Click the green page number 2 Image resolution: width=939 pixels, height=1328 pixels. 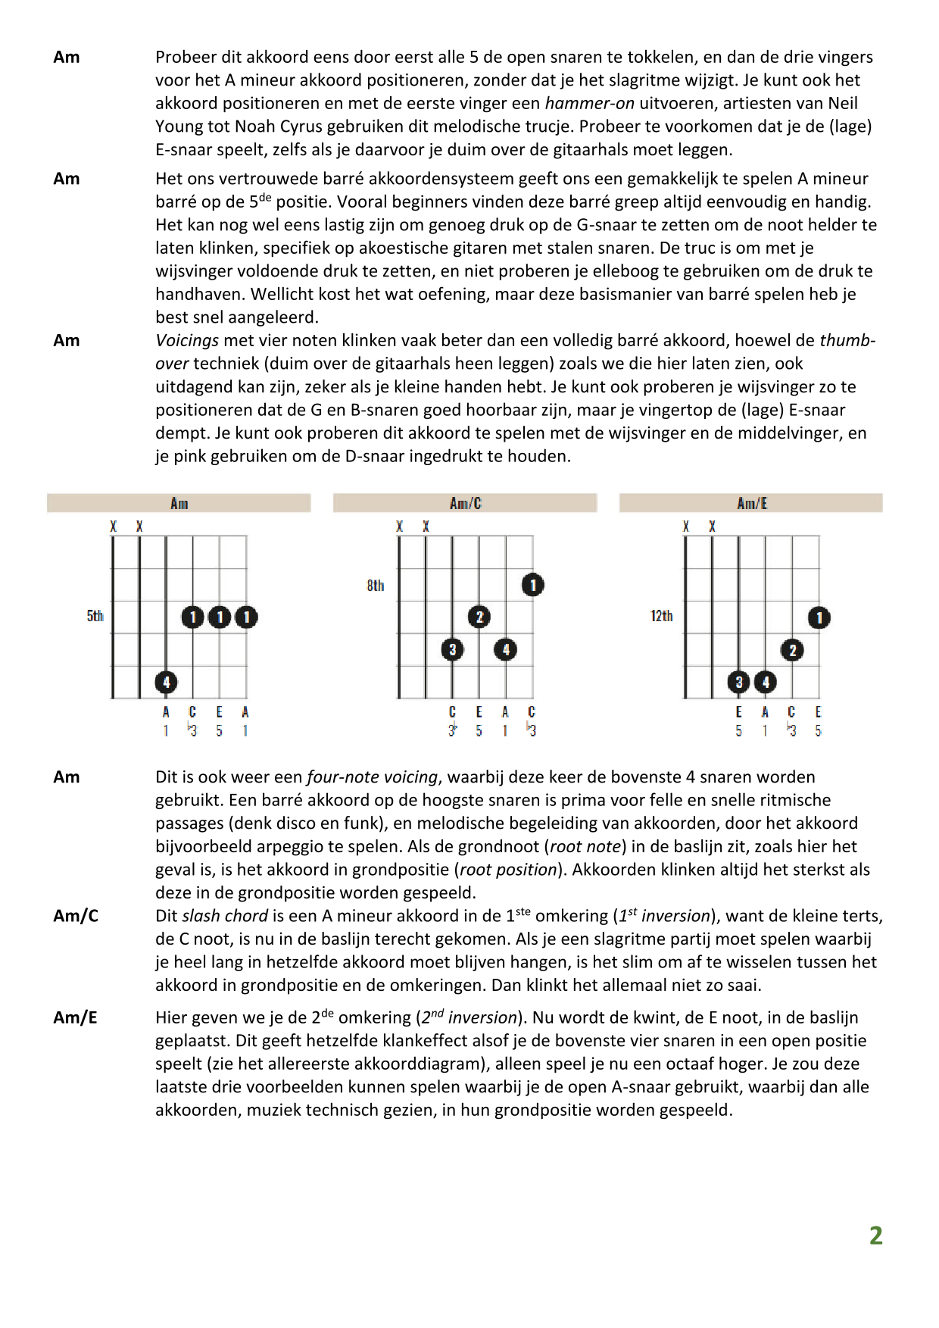pos(875,1236)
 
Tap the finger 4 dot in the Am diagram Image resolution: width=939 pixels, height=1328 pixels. pos(166,682)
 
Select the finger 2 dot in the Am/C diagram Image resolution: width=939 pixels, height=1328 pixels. pos(479,617)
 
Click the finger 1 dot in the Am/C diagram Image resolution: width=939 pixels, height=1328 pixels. pos(532,585)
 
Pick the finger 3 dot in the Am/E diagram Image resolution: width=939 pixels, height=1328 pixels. pos(739,682)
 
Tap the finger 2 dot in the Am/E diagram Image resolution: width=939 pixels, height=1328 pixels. pos(792,650)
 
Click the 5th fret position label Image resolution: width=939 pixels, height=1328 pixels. pos(95,616)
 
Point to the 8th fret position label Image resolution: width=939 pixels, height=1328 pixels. pos(375,586)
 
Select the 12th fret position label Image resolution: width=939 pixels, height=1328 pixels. pos(661,616)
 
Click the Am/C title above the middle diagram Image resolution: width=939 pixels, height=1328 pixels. pos(465,503)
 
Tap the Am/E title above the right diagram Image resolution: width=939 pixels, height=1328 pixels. pos(751,503)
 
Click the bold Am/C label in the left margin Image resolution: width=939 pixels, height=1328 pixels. pos(76,916)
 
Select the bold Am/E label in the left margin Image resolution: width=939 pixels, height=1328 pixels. pos(75,1017)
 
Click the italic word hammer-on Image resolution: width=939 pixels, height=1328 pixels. pos(589,103)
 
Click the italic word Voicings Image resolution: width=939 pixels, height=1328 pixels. pos(186,341)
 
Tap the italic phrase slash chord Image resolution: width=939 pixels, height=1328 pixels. pos(225,916)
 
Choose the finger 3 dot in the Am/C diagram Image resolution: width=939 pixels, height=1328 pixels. pos(452,649)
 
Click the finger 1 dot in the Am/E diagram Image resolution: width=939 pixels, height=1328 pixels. pos(819,617)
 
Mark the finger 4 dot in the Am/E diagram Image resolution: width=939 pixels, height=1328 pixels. pos(766,682)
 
